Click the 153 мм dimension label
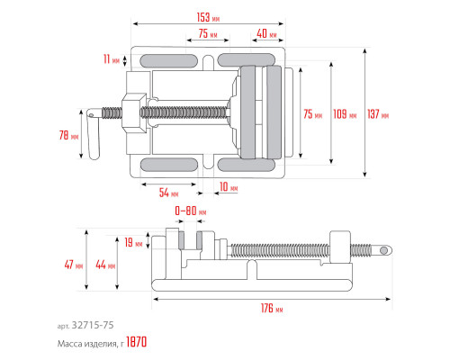[x=208, y=17]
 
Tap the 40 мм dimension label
[x=266, y=33]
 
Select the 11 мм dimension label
[x=112, y=59]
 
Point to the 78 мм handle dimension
[x=68, y=135]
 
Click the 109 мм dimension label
[x=345, y=114]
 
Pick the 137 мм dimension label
[x=378, y=114]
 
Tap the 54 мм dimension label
[x=168, y=193]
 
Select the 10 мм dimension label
[x=229, y=187]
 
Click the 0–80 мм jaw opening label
[x=191, y=211]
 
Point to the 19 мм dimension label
[x=133, y=242]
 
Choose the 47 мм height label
[x=74, y=265]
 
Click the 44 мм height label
[x=105, y=265]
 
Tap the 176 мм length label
[x=272, y=308]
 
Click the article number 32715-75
[x=93, y=325]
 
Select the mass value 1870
[x=137, y=342]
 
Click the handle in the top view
[x=94, y=133]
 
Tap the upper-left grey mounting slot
[x=168, y=61]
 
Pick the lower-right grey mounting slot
[x=246, y=165]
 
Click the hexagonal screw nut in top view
[x=134, y=112]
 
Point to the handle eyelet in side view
[x=383, y=250]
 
